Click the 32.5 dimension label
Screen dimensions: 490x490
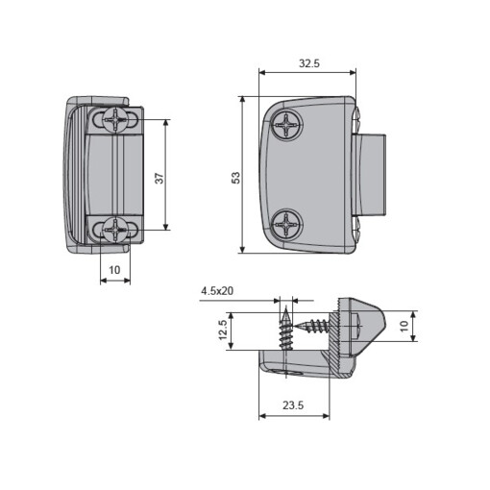pos(307,62)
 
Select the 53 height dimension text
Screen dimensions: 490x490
pos(235,177)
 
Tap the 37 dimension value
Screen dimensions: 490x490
pos(159,176)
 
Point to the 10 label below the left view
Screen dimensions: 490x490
pos(114,270)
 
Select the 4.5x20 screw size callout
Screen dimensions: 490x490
pos(218,289)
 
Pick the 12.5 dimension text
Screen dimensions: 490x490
pos(223,331)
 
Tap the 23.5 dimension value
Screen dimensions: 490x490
pos(294,405)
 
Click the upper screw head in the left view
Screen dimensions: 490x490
pos(114,120)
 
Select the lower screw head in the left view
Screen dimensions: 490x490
pos(113,229)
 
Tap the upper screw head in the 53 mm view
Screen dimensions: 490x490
pos(288,124)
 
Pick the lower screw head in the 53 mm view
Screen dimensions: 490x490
pos(288,226)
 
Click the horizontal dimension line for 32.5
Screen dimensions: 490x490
pos(307,71)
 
